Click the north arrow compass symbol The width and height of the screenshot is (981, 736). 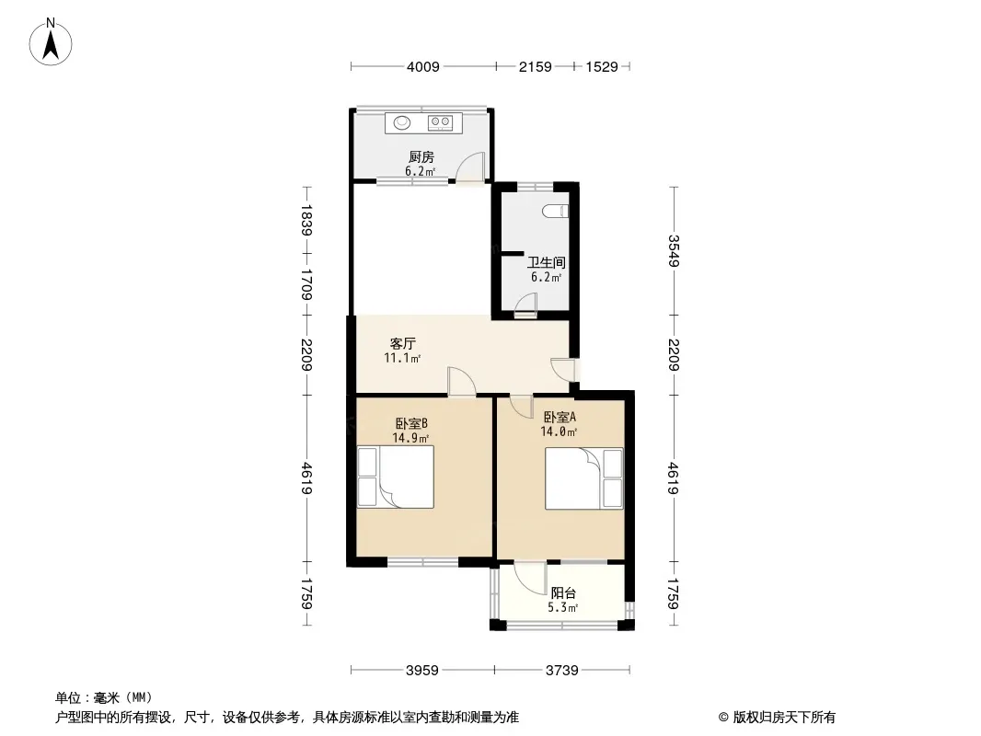(51, 42)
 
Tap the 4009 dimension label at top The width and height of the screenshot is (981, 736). (423, 67)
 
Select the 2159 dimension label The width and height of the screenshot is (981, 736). (535, 67)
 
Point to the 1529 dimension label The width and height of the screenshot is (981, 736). (602, 67)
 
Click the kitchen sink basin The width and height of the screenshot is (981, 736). (401, 122)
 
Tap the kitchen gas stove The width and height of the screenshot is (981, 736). (441, 122)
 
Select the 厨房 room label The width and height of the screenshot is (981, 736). (421, 157)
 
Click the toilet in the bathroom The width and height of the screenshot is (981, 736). (556, 212)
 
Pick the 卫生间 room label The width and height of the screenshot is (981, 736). (546, 262)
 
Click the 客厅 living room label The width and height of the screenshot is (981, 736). (403, 343)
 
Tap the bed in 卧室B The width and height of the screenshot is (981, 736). (396, 477)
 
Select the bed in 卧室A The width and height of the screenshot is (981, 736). (583, 478)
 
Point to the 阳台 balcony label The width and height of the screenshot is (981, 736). (563, 592)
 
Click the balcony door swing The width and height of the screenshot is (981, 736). (530, 579)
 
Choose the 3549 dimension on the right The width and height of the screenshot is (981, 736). (674, 251)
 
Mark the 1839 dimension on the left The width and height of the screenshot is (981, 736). (306, 220)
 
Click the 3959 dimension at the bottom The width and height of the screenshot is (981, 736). (422, 671)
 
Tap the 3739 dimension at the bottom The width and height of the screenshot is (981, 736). (562, 671)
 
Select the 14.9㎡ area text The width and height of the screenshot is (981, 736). (410, 438)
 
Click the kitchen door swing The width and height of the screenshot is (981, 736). (470, 167)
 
